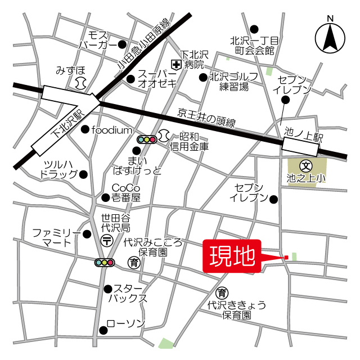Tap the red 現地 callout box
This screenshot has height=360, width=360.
click(x=232, y=258)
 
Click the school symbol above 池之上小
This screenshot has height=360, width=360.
click(x=306, y=166)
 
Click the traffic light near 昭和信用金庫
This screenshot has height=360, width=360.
click(x=147, y=139)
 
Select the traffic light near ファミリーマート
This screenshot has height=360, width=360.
click(x=105, y=263)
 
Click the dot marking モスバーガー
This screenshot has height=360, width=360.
click(x=123, y=44)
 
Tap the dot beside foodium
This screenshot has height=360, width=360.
click(x=85, y=130)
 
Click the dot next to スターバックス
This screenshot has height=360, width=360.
click(x=107, y=289)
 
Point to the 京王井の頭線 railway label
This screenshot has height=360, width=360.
click(x=206, y=118)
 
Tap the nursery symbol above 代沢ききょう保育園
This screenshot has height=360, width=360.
click(x=223, y=292)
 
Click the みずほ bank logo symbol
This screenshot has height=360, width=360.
click(x=79, y=83)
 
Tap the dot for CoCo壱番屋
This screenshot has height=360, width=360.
click(x=105, y=197)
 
